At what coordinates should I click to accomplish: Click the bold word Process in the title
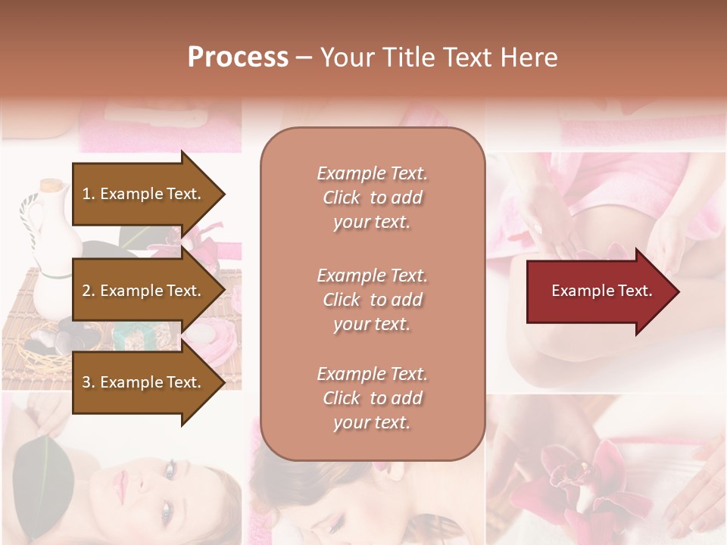pyautogui.click(x=238, y=58)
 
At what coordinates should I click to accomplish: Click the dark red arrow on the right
pyautogui.click(x=598, y=291)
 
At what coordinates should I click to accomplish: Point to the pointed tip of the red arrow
pyautogui.click(x=678, y=291)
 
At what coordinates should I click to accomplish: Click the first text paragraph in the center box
pyautogui.click(x=372, y=198)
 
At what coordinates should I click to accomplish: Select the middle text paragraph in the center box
pyautogui.click(x=372, y=300)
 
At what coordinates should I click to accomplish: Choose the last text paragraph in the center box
pyautogui.click(x=372, y=398)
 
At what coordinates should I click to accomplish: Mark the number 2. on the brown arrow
pyautogui.click(x=89, y=291)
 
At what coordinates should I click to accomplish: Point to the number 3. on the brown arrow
pyautogui.click(x=89, y=382)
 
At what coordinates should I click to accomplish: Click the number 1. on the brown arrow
pyautogui.click(x=88, y=194)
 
